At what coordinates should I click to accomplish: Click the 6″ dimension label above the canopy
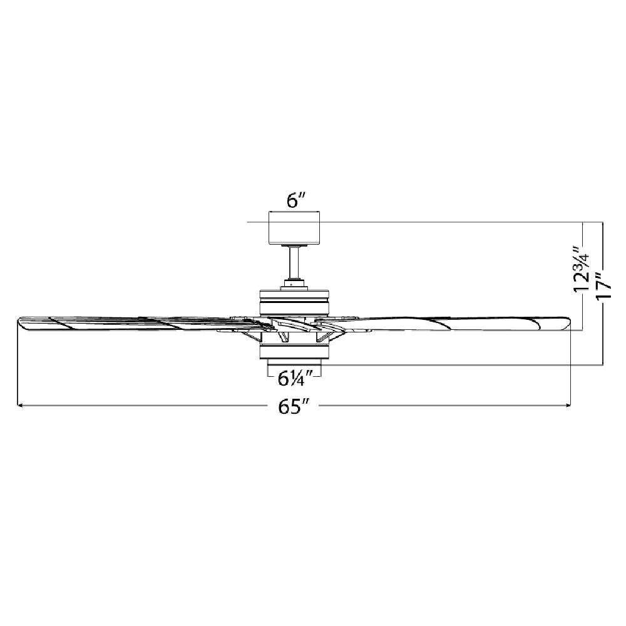296,201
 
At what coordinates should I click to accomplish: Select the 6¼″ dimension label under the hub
295,378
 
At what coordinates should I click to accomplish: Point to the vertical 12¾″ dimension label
581,269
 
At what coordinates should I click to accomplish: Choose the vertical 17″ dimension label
603,284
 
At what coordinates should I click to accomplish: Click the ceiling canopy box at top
295,227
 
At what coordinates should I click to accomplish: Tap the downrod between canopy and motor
295,263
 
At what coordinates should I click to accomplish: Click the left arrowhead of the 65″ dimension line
20,406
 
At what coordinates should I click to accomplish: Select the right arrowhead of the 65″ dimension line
568,406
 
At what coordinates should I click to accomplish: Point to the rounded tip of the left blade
21,323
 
